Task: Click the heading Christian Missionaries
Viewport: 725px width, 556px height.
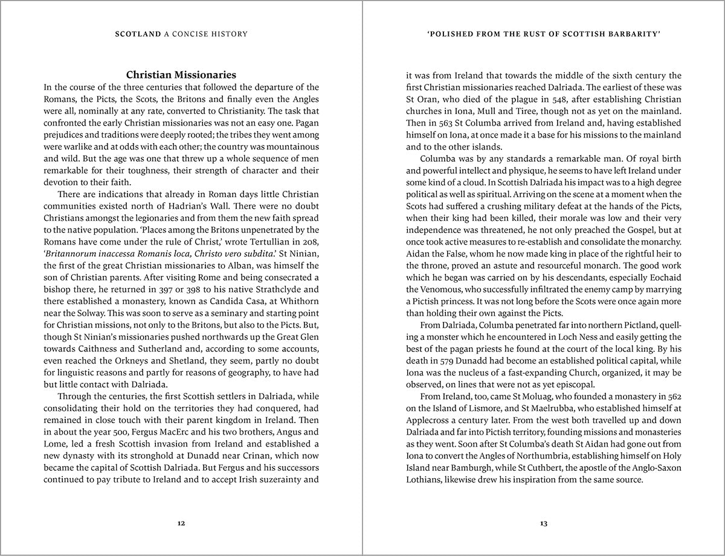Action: pos(181,75)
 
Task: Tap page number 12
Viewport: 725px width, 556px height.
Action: pos(181,523)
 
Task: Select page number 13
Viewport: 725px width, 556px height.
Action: pos(544,523)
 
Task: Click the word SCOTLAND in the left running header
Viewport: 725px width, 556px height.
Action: pos(138,34)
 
